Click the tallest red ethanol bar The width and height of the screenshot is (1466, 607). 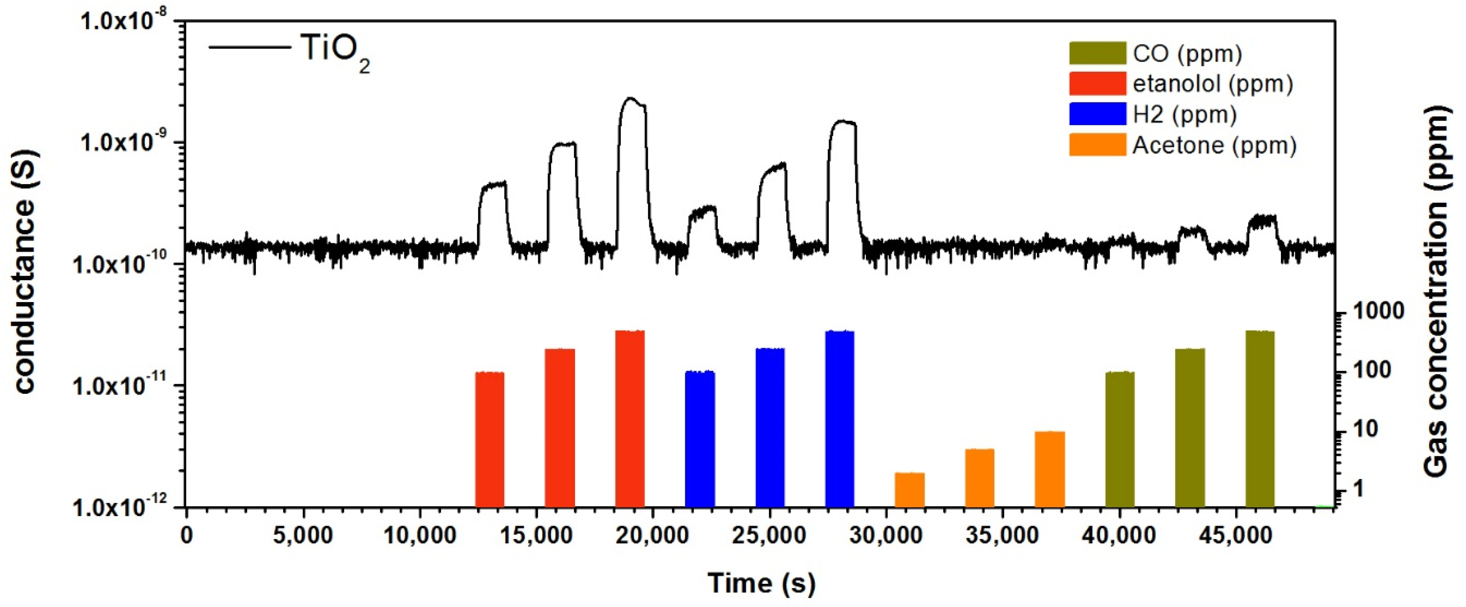[630, 419]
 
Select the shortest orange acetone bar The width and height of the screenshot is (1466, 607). [909, 490]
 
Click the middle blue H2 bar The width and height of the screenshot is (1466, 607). [770, 427]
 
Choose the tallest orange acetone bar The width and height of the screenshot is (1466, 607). [1049, 469]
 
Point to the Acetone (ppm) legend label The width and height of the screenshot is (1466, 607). [1214, 145]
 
